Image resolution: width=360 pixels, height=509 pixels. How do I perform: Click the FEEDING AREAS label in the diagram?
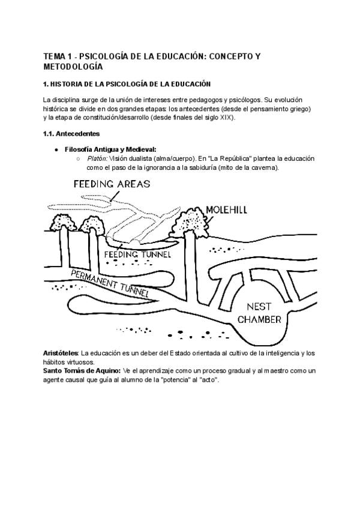click(x=112, y=184)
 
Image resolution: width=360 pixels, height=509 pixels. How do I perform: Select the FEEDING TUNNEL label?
click(x=138, y=255)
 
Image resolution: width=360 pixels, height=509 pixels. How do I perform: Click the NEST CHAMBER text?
click(x=260, y=313)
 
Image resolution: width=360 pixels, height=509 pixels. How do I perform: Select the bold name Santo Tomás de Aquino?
click(x=82, y=371)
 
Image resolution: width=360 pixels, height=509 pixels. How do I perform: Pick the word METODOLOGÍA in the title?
click(x=73, y=67)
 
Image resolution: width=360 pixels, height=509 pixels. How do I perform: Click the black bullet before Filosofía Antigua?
click(x=56, y=149)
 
